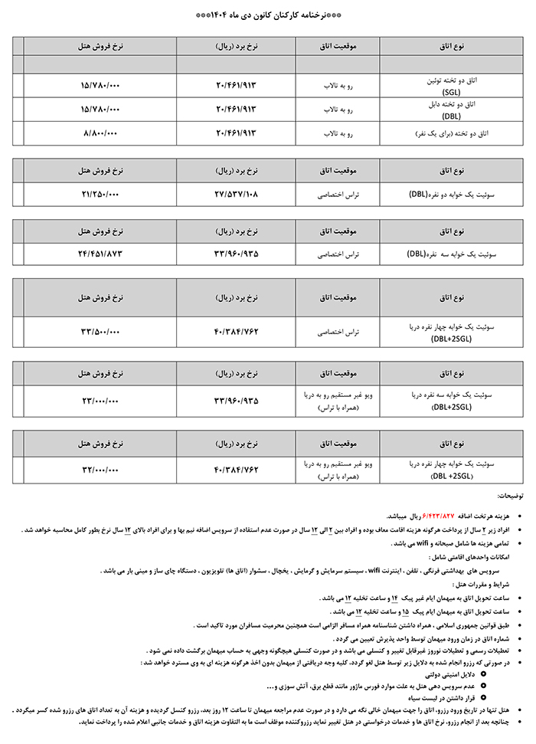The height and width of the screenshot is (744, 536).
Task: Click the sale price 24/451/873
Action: click(x=100, y=252)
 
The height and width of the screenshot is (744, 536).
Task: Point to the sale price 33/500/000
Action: click(x=100, y=332)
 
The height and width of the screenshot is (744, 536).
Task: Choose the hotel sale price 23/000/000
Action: click(x=100, y=400)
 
